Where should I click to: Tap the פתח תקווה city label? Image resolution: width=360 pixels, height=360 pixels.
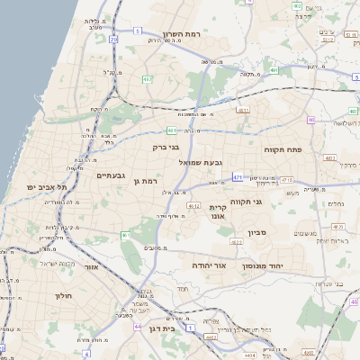(x=282, y=149)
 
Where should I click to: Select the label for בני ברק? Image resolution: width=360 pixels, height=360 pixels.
(x=167, y=147)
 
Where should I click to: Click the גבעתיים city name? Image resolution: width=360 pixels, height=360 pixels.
(x=114, y=176)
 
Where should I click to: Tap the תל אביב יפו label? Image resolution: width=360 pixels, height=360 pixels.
(x=43, y=187)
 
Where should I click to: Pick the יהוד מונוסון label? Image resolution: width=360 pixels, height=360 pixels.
(x=288, y=266)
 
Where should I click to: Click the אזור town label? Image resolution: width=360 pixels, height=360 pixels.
(x=90, y=267)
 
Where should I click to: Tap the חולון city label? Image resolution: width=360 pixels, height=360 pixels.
(x=63, y=296)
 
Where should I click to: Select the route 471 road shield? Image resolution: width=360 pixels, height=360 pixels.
(x=238, y=177)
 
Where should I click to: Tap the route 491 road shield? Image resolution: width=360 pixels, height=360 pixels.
(x=274, y=68)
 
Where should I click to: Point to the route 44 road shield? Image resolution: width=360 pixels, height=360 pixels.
(x=137, y=325)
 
